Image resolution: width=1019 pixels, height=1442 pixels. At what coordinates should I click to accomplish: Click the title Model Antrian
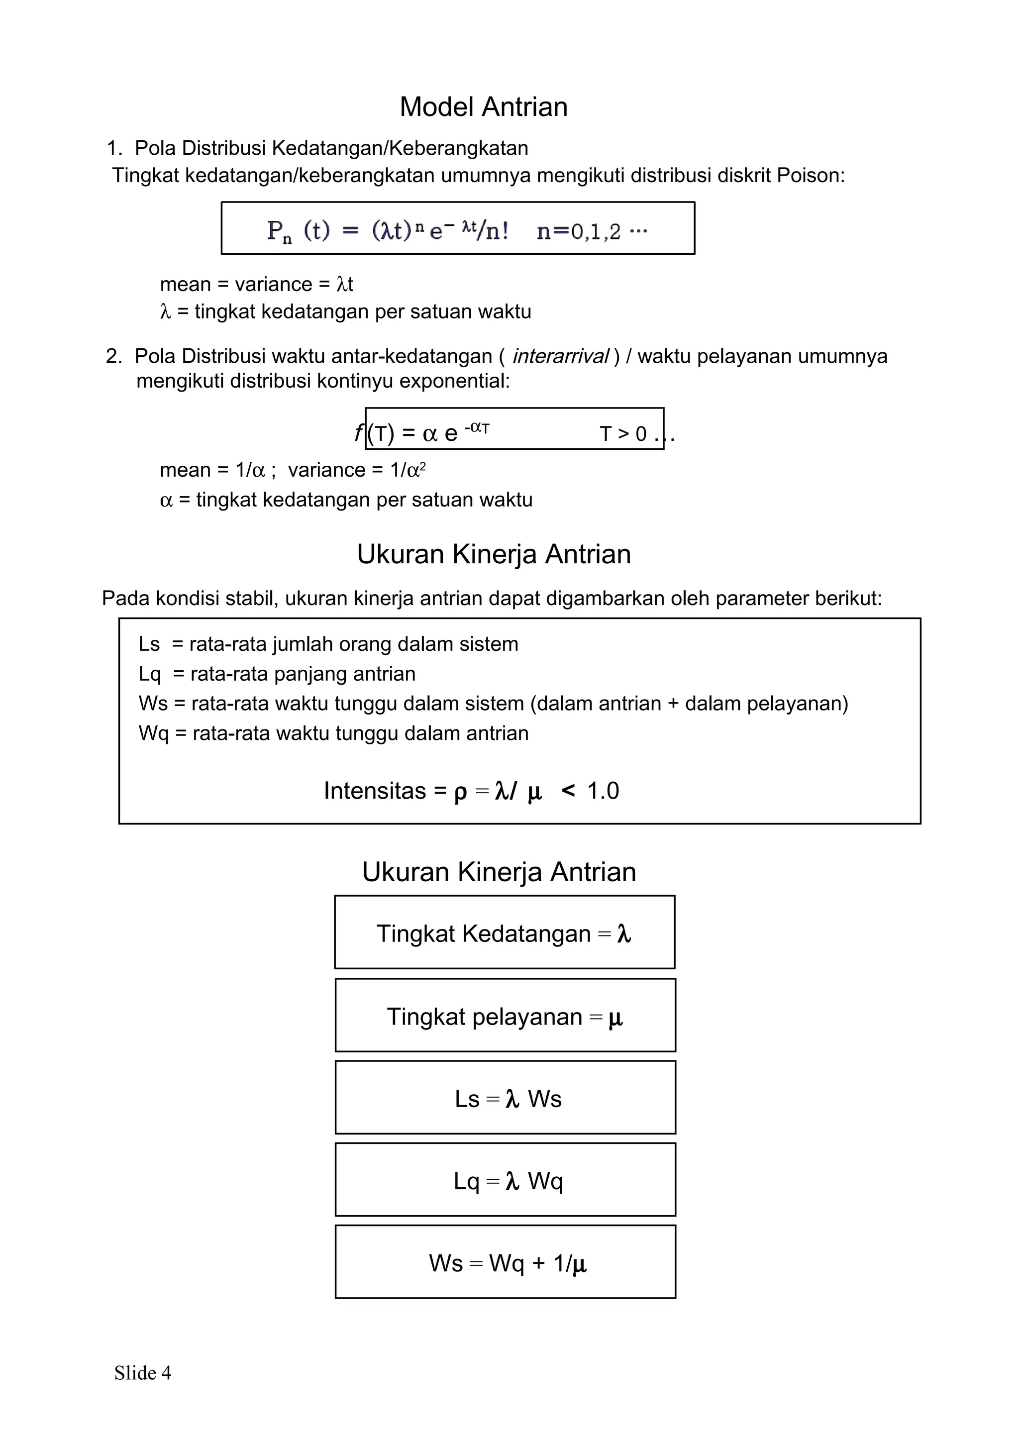(484, 107)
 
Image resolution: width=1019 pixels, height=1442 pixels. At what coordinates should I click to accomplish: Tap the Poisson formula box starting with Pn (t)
(458, 228)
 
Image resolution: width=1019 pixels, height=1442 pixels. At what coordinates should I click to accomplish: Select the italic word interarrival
(560, 357)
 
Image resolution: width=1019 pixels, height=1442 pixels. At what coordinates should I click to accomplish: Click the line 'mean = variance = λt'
(256, 285)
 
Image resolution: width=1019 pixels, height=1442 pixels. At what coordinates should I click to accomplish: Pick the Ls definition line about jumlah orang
(328, 644)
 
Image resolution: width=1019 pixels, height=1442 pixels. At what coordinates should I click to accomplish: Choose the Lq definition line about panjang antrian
(277, 674)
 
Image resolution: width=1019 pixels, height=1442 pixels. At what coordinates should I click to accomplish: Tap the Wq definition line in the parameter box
(333, 733)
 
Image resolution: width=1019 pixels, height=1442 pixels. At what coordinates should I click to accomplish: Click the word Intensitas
(375, 791)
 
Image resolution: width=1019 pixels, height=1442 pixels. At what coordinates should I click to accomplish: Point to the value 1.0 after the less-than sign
(603, 791)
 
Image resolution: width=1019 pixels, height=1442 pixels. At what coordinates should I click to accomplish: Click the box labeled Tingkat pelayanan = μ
(505, 1016)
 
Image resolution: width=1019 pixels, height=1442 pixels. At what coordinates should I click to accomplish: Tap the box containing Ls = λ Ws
(505, 1099)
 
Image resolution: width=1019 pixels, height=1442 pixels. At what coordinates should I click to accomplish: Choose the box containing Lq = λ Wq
(505, 1181)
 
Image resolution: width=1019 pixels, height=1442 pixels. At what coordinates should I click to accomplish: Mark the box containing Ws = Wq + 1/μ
(505, 1264)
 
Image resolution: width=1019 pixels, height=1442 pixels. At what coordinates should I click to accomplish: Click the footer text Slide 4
(142, 1373)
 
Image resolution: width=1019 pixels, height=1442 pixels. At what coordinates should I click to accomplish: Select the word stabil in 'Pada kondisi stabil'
(251, 599)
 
